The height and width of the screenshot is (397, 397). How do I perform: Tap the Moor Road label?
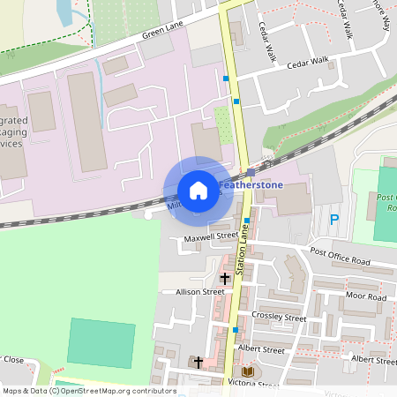point(365,296)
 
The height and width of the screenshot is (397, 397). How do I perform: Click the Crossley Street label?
point(278,318)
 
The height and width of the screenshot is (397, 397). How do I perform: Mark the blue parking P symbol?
point(333,220)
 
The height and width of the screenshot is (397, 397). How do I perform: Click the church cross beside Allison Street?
point(224,279)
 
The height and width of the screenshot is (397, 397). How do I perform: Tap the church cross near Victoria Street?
point(198,362)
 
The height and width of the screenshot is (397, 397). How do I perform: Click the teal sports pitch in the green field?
point(101,345)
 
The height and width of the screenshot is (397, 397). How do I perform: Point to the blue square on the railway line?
point(251,172)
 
